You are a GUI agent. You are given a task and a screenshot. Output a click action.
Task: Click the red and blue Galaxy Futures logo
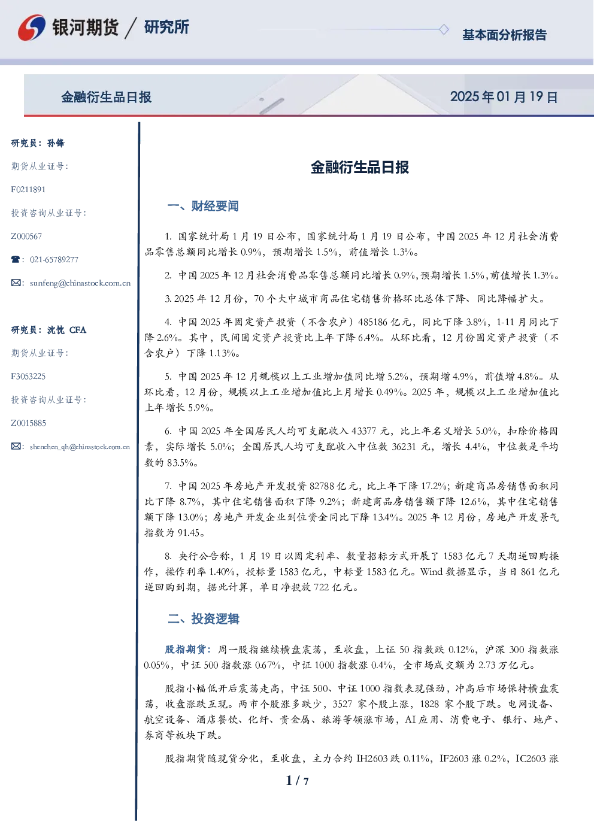(x=32, y=28)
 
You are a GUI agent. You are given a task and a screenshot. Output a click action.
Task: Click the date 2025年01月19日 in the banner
(x=504, y=97)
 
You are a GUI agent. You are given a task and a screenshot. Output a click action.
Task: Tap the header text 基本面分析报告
(x=504, y=35)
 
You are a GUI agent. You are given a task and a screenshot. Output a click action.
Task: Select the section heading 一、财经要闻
(x=203, y=206)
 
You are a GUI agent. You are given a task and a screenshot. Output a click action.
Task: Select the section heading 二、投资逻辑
(x=203, y=618)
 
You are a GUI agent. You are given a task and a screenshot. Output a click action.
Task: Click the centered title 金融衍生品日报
(x=360, y=167)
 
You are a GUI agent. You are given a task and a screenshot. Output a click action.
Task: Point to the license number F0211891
(x=28, y=189)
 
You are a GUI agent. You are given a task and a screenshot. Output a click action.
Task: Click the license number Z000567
(x=26, y=236)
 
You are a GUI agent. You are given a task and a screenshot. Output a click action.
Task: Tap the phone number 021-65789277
(x=54, y=259)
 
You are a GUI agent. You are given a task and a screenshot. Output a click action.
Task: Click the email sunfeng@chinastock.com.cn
(x=80, y=283)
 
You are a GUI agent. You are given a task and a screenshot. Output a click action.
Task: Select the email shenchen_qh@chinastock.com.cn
(x=80, y=447)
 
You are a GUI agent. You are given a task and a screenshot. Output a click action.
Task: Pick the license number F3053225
(x=28, y=377)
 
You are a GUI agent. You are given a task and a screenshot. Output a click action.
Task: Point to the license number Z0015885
(x=29, y=423)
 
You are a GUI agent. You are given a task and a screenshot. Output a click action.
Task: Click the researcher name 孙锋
(x=56, y=143)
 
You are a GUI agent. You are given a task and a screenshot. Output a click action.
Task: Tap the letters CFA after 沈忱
(x=78, y=330)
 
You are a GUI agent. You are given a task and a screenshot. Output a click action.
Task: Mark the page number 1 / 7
(x=297, y=781)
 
